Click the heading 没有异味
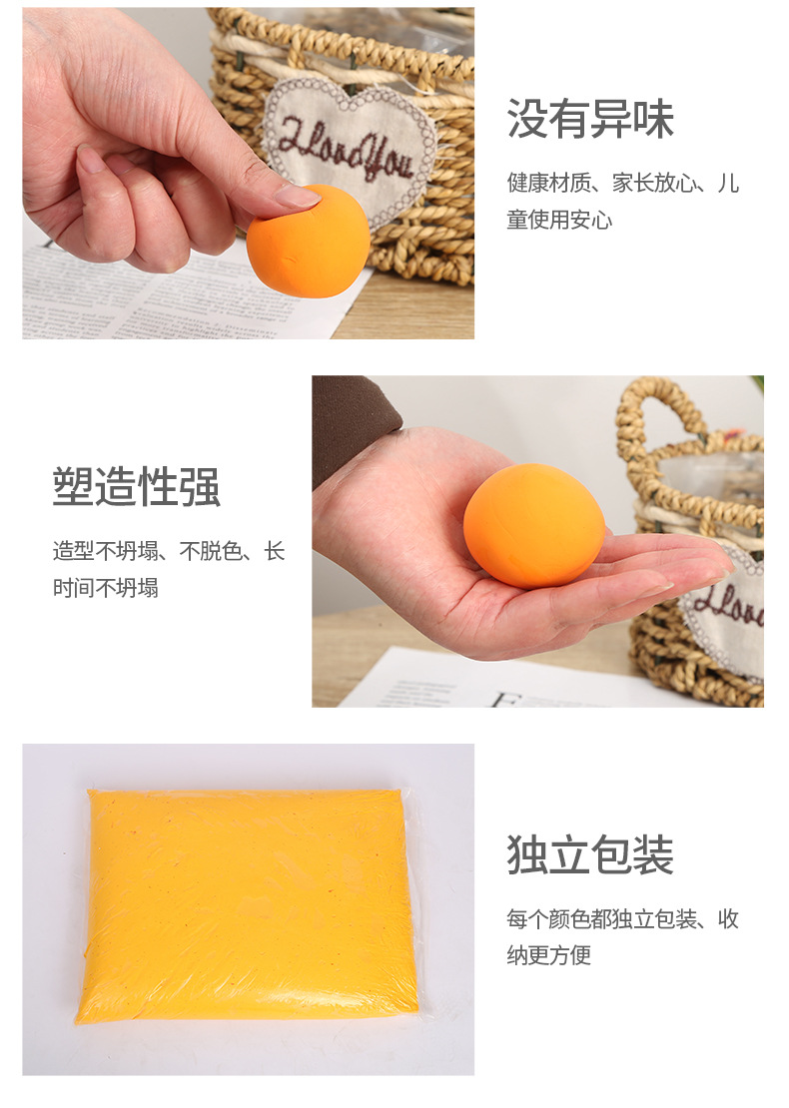tap(590, 119)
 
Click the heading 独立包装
tap(590, 855)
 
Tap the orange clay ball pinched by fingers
tap(309, 241)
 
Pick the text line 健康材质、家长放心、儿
tap(623, 184)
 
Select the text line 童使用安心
tap(559, 220)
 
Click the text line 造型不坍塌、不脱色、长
tap(169, 551)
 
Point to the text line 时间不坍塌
tap(106, 587)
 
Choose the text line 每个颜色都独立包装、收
tap(623, 919)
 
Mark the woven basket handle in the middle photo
tap(649, 419)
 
